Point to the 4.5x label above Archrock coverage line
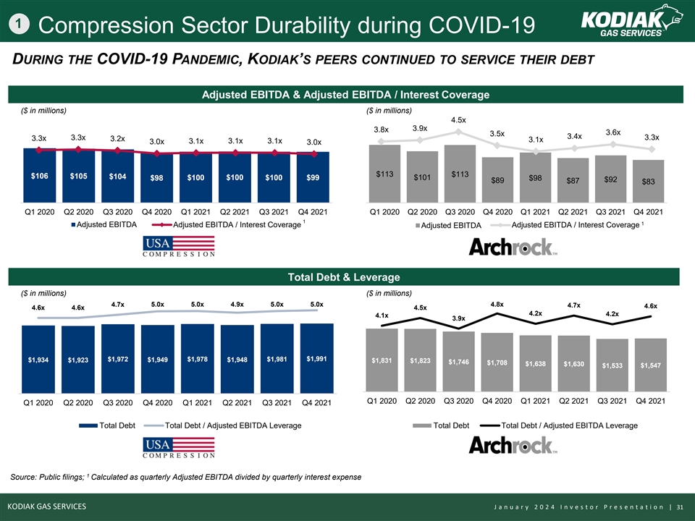point(458,119)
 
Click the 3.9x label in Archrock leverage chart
point(458,318)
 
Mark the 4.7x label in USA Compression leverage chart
point(118,305)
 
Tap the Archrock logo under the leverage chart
point(513,445)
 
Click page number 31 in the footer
point(680,507)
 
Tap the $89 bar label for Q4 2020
point(497,181)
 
